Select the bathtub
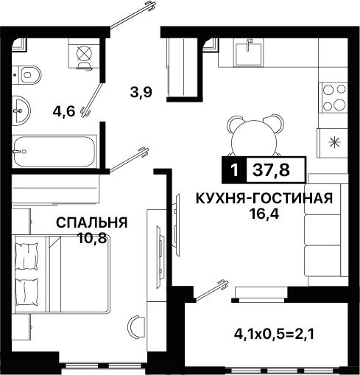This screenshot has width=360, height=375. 54,151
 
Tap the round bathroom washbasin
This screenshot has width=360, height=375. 21,111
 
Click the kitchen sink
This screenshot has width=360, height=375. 249,53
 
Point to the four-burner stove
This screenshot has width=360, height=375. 333,97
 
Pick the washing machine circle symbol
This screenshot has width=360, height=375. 84,53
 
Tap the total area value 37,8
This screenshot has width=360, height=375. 271,170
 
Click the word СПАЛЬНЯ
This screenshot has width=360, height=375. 92,222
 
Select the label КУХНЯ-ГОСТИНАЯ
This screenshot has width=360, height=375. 264,198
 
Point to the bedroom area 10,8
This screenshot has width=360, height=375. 92,238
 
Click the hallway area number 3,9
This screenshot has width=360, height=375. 141,93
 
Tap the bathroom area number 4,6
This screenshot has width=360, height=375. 63,112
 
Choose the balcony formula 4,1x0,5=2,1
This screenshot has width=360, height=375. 274,334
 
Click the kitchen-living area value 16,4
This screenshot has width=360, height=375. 264,214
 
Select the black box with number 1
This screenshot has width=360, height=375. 234,170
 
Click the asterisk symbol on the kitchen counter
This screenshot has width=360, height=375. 335,142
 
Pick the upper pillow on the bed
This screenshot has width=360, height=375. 27,256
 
